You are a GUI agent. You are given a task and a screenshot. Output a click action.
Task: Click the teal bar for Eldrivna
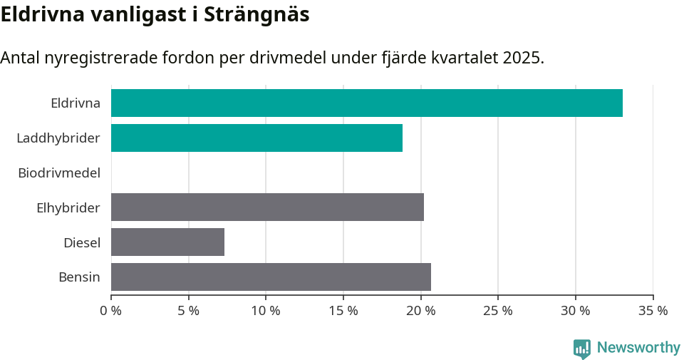click(x=367, y=103)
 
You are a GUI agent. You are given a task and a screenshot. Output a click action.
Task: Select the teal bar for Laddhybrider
click(x=256, y=138)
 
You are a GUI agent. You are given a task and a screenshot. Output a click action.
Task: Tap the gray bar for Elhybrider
click(x=267, y=207)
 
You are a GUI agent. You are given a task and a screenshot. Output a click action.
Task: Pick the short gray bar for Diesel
click(x=167, y=242)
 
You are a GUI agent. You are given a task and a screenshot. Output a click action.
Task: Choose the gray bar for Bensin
click(x=271, y=277)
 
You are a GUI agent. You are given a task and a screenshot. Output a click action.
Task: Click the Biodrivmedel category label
click(x=59, y=173)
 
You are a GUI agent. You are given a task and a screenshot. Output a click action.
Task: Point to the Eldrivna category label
click(x=76, y=103)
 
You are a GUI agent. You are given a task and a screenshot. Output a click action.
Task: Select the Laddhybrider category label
click(x=58, y=138)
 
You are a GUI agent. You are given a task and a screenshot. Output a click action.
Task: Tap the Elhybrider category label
click(x=68, y=207)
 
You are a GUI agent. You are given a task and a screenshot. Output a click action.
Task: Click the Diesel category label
click(x=82, y=242)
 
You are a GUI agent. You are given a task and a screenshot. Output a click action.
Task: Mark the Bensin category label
click(x=79, y=277)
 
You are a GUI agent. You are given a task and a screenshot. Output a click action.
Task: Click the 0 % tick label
click(x=111, y=311)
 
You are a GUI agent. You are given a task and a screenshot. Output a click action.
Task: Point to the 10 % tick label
click(x=266, y=311)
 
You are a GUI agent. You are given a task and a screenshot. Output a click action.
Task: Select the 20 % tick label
click(x=420, y=311)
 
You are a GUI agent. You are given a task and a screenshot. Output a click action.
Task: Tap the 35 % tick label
click(x=653, y=311)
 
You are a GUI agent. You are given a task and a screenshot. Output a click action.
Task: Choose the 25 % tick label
click(x=498, y=311)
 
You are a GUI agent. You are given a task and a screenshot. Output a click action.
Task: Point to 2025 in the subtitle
click(x=522, y=58)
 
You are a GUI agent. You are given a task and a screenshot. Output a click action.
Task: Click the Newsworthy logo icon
click(x=582, y=348)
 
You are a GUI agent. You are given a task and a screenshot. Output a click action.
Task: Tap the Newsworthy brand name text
click(x=638, y=348)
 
